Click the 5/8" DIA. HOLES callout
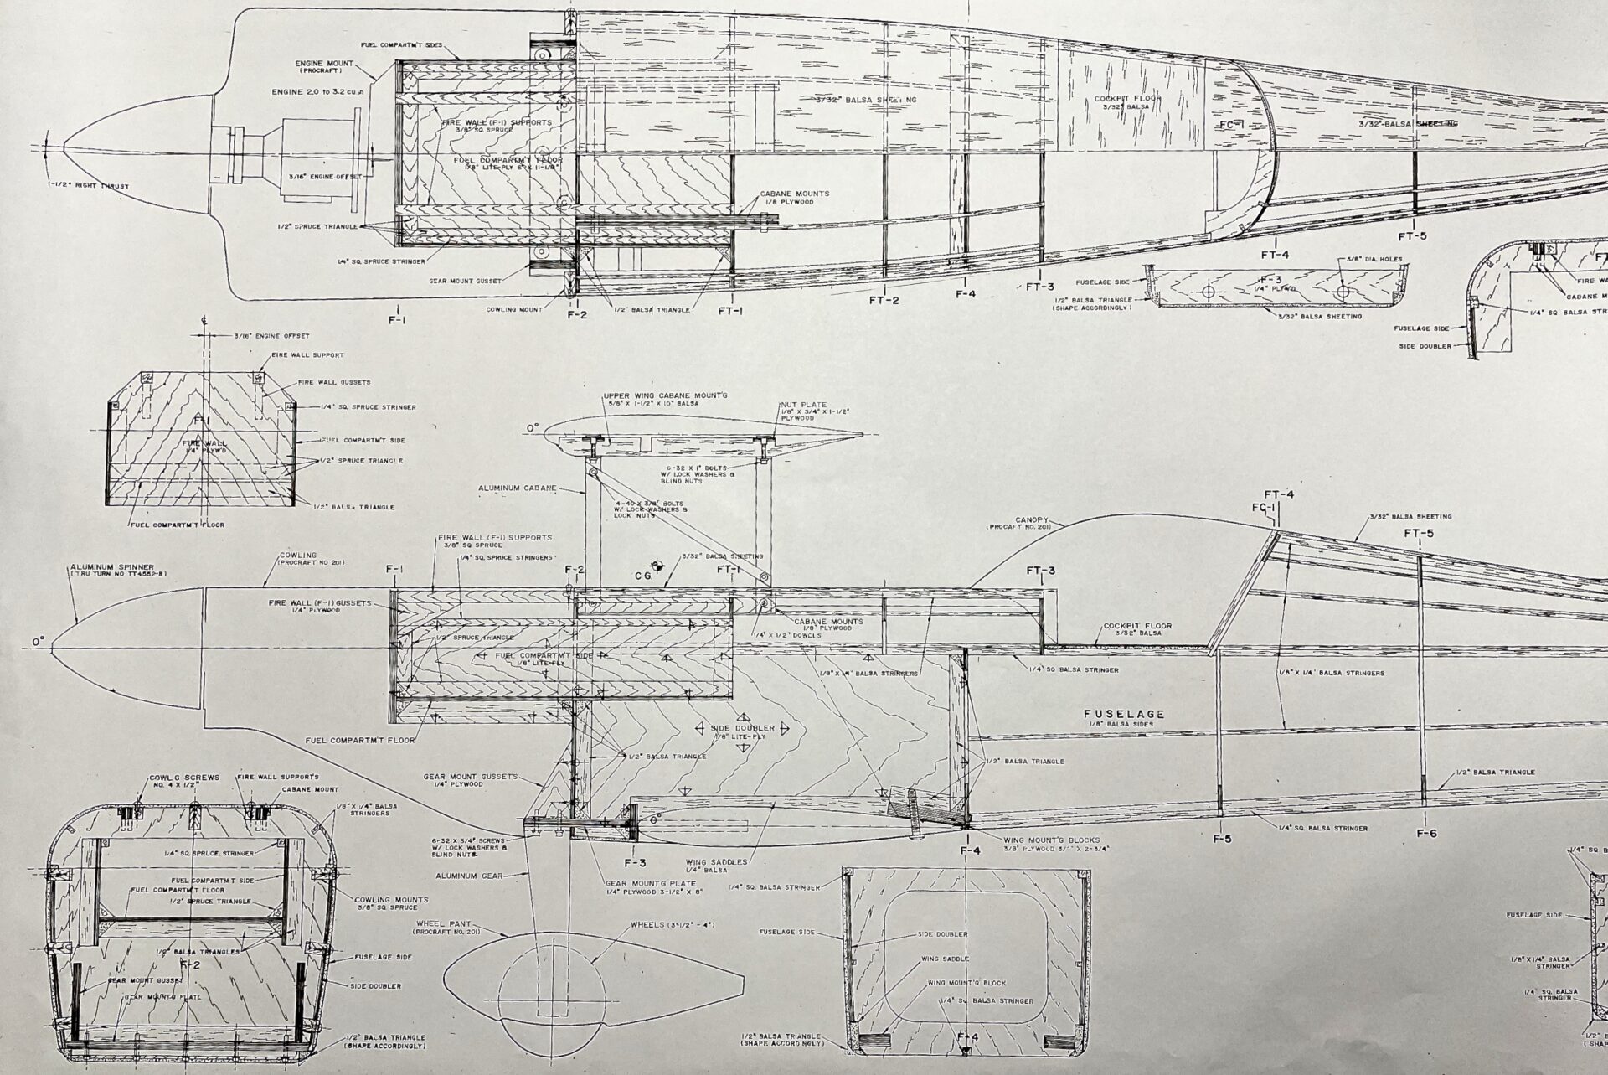[x=1372, y=260]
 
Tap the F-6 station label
[x=1427, y=833]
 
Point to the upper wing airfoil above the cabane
[x=695, y=436]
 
